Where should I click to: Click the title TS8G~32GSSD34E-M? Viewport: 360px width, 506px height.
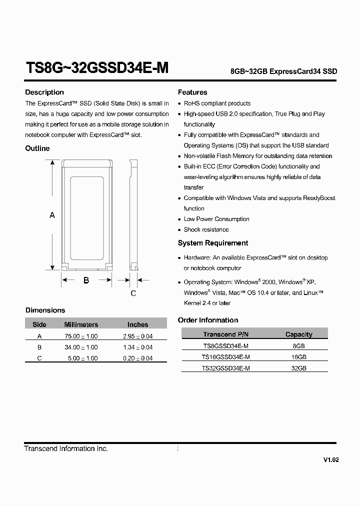[x=96, y=68]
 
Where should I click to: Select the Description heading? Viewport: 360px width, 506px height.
[x=44, y=92]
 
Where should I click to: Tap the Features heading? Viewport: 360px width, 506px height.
[x=192, y=92]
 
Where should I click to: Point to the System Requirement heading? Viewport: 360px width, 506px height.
[x=213, y=243]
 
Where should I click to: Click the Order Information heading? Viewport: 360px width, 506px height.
[x=208, y=320]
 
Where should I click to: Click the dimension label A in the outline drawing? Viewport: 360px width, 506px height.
[x=52, y=215]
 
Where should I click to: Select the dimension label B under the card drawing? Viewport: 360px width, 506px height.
[x=86, y=280]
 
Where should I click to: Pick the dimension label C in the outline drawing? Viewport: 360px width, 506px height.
[x=133, y=293]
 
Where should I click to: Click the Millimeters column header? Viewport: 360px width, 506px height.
[x=81, y=324]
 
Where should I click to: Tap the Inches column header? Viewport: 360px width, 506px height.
[x=137, y=324]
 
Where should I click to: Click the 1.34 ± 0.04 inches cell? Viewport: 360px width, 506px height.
[x=137, y=347]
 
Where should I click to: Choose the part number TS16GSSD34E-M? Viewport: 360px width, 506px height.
[x=225, y=357]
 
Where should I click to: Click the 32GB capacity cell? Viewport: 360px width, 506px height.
[x=299, y=368]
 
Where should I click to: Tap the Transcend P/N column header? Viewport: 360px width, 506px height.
[x=225, y=334]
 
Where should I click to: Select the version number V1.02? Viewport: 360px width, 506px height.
[x=330, y=460]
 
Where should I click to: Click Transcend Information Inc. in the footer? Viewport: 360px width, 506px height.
[x=66, y=449]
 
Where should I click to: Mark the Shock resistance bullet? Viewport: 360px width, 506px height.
[x=206, y=230]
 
